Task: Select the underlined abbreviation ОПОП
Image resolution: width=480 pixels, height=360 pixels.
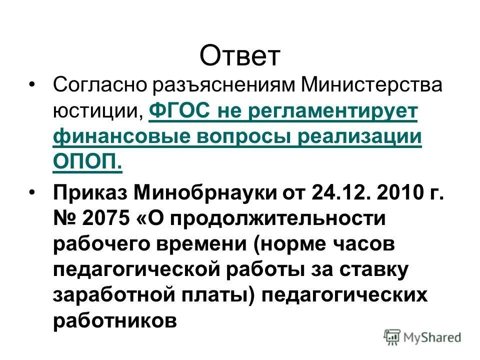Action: click(86, 163)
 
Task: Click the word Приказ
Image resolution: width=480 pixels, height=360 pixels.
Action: click(90, 192)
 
